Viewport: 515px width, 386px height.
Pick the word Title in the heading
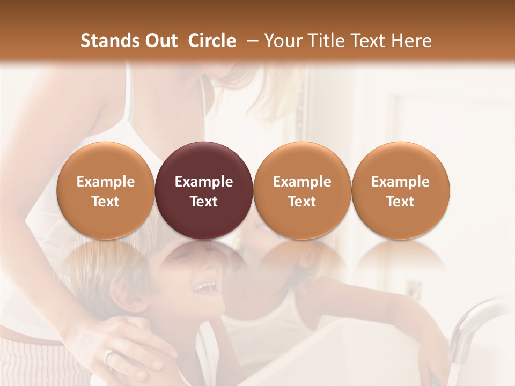326,41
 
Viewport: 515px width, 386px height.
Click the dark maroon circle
204,190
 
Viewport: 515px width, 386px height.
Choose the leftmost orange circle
106,190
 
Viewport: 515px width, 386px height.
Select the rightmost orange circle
401,190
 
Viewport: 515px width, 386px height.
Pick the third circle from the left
302,190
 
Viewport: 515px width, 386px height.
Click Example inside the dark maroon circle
204,182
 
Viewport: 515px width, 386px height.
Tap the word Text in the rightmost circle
401,202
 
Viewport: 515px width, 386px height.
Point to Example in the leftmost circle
106,182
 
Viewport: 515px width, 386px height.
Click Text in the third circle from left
302,202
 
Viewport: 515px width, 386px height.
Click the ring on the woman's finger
108,355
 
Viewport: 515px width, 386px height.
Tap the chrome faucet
472,327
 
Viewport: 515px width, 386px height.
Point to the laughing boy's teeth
203,288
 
